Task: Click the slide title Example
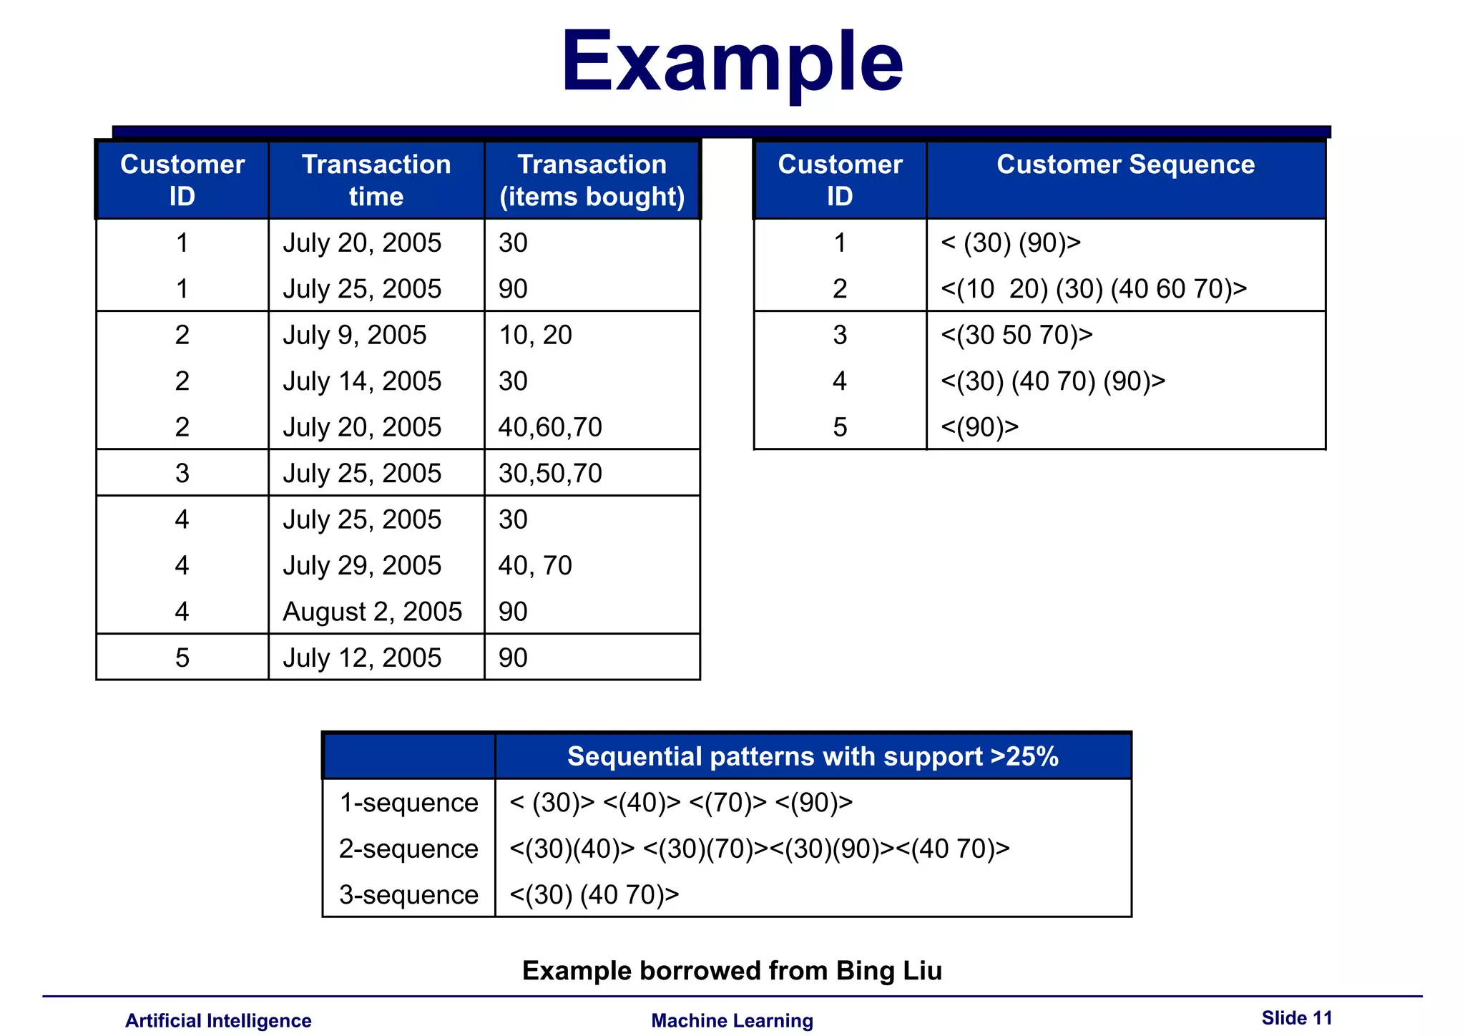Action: (732, 63)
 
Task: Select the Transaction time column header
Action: (376, 180)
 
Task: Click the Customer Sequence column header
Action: (1125, 165)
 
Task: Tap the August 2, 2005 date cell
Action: (372, 612)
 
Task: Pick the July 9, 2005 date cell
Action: (355, 335)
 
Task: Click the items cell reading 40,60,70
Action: (550, 427)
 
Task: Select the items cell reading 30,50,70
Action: (550, 474)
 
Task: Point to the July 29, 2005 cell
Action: (362, 566)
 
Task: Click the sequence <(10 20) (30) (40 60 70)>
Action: (1094, 289)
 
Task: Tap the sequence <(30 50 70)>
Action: (1016, 335)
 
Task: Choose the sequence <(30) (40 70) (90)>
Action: (1053, 381)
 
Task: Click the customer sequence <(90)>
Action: (979, 427)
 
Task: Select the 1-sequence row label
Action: (408, 803)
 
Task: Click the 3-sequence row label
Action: (408, 895)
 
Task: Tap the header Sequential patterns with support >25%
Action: (813, 756)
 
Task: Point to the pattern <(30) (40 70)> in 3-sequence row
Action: (594, 895)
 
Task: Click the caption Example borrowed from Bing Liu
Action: (732, 971)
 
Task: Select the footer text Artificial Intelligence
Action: (218, 1021)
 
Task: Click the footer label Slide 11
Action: (1297, 1018)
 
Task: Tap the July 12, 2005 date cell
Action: (362, 658)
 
